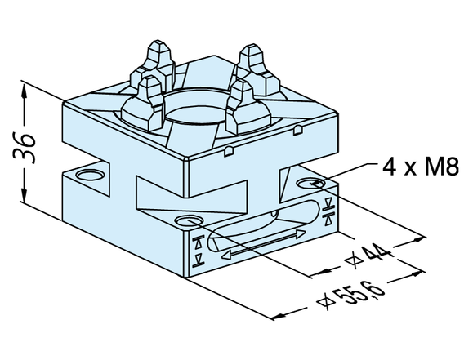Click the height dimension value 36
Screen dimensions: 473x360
pos(25,147)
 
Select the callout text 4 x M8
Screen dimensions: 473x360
pos(421,167)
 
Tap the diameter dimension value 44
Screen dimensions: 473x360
pos(379,253)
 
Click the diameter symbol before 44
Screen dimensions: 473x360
pos(354,260)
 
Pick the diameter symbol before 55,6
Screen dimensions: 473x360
pos(325,302)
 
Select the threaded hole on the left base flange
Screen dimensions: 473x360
pos(90,175)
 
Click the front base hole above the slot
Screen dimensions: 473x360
pos(190,220)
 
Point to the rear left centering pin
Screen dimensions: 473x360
pos(158,64)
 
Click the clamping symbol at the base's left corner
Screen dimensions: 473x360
pos(199,251)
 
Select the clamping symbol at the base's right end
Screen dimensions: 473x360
pos(328,211)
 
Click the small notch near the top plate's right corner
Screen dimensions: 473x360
pos(298,130)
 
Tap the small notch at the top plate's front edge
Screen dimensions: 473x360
pos(229,151)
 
